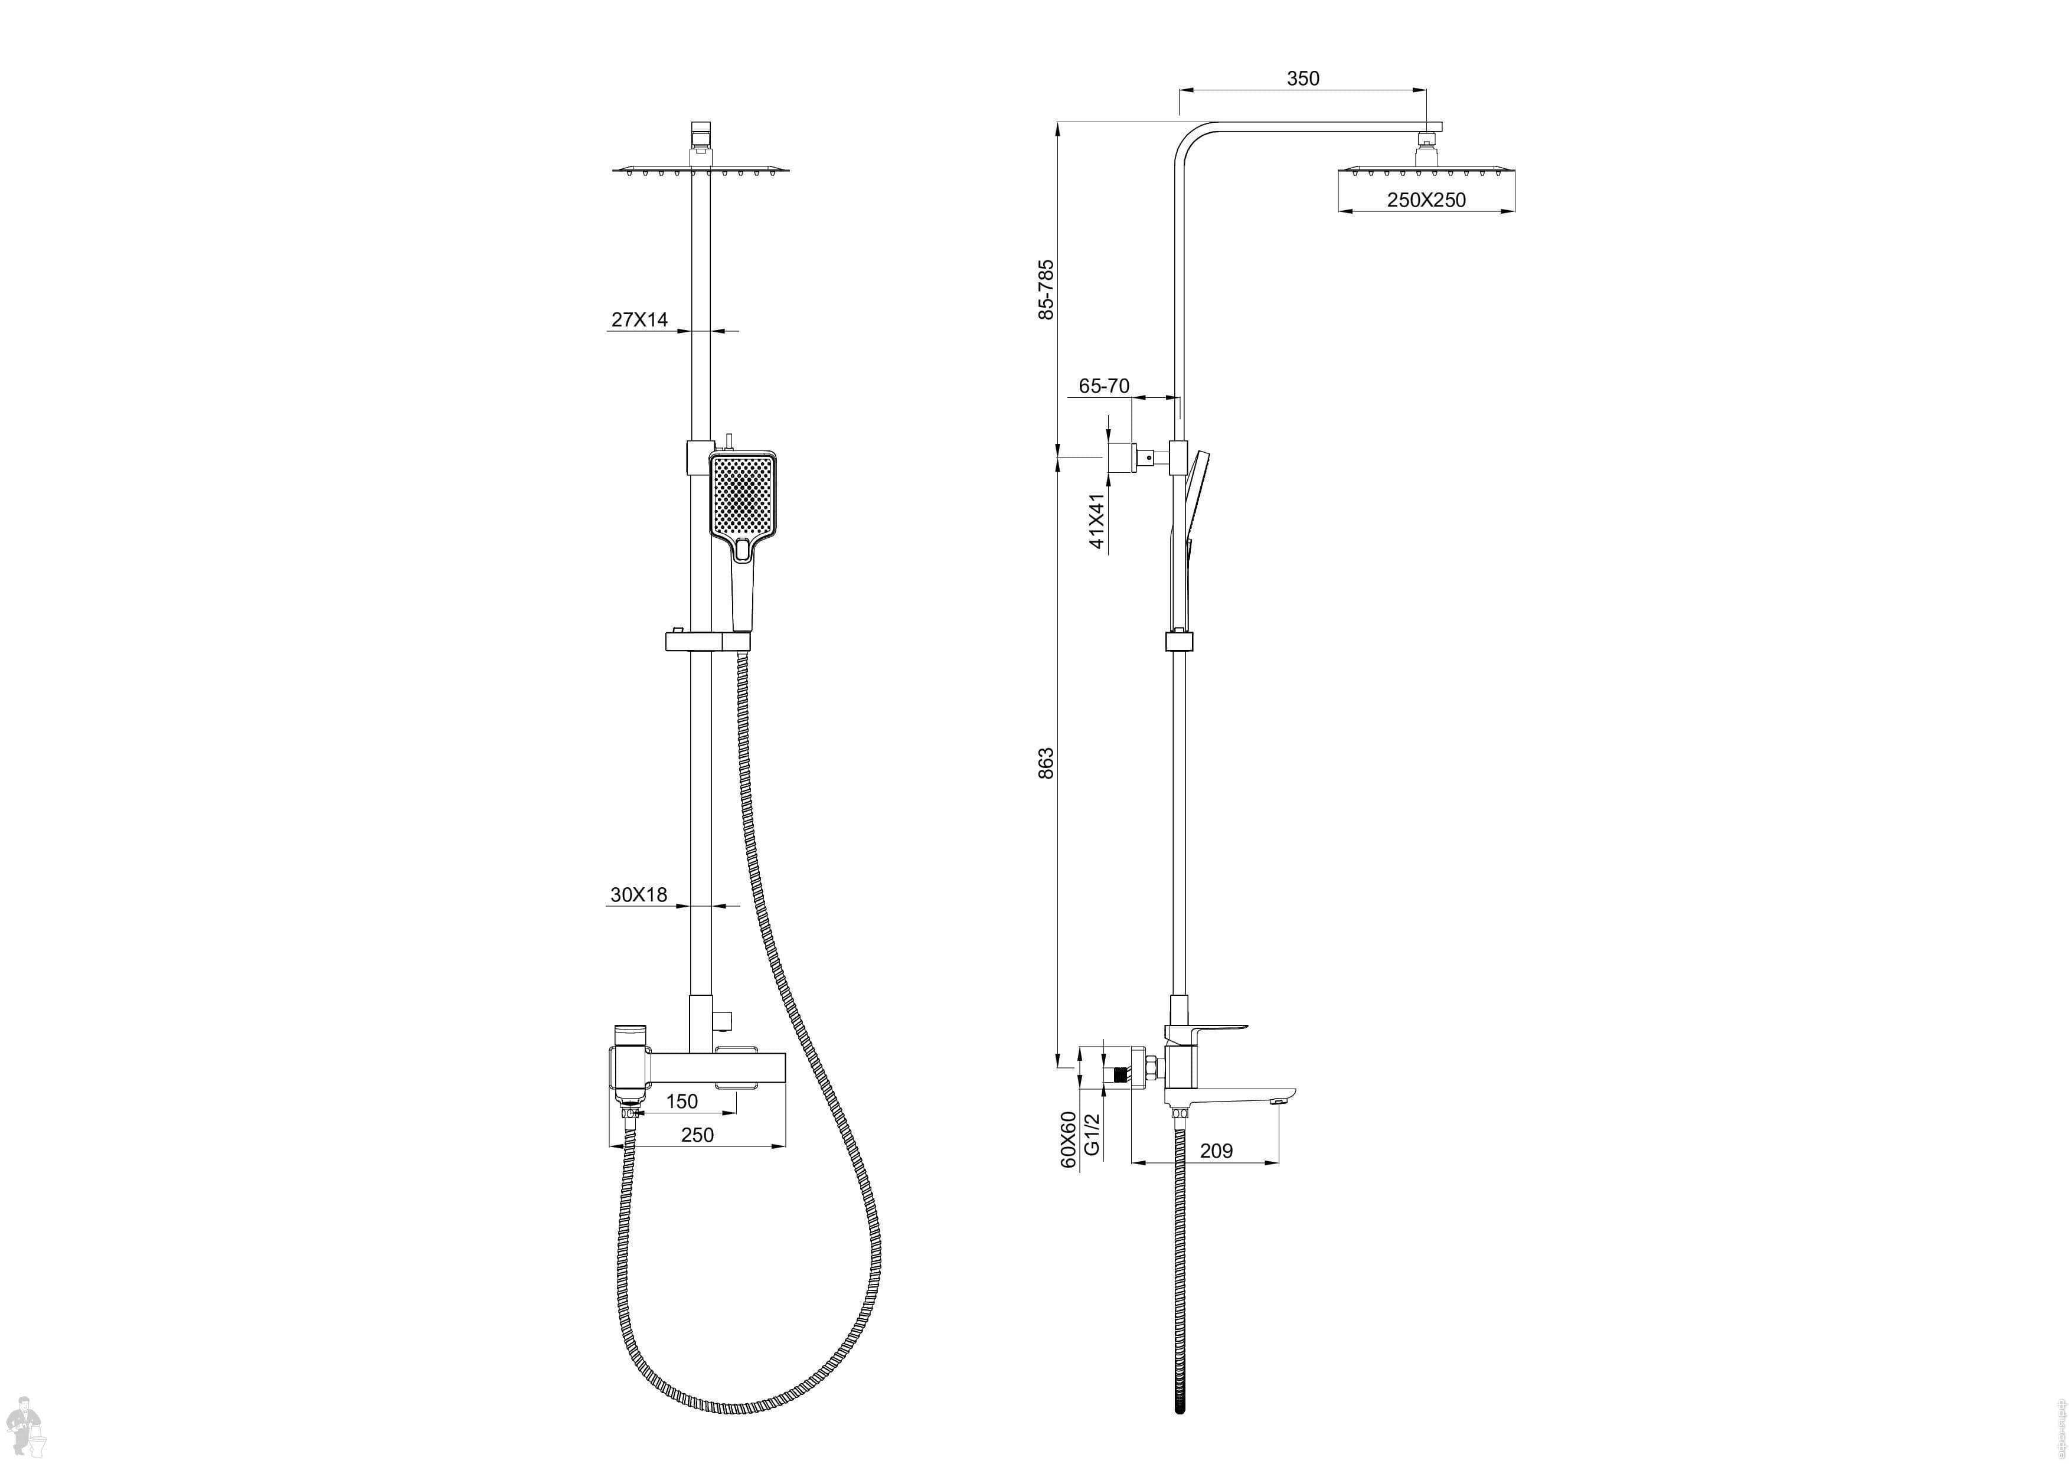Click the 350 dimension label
[1302, 79]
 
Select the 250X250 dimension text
[1426, 200]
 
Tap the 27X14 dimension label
[639, 319]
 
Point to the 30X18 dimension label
[639, 895]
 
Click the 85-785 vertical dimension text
[1046, 289]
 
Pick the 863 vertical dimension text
[1046, 763]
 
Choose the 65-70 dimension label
[1104, 386]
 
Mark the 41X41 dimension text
[1097, 521]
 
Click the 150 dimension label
[681, 1102]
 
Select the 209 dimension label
[1216, 1151]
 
